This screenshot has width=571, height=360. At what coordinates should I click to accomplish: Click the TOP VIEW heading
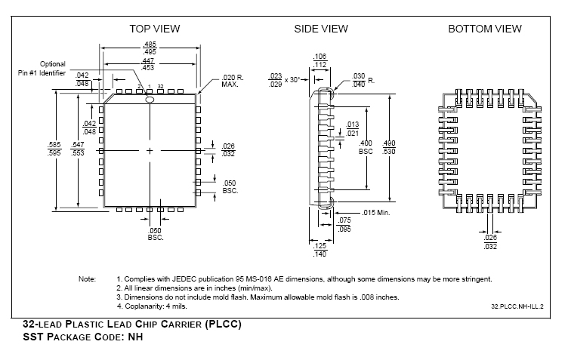[154, 29]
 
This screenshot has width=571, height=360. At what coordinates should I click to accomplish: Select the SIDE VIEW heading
[321, 29]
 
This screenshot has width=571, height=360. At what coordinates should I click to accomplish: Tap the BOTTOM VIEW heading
[485, 29]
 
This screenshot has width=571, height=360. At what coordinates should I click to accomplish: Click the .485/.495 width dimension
[150, 48]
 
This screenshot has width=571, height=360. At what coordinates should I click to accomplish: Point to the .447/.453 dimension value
[148, 64]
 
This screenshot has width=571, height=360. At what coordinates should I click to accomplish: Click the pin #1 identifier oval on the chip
[150, 100]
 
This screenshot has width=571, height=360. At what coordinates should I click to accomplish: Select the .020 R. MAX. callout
[233, 82]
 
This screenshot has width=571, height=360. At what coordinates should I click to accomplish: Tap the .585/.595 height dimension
[54, 149]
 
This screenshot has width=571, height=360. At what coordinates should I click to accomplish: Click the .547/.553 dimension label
[78, 149]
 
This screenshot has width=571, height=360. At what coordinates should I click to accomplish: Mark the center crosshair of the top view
[150, 151]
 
